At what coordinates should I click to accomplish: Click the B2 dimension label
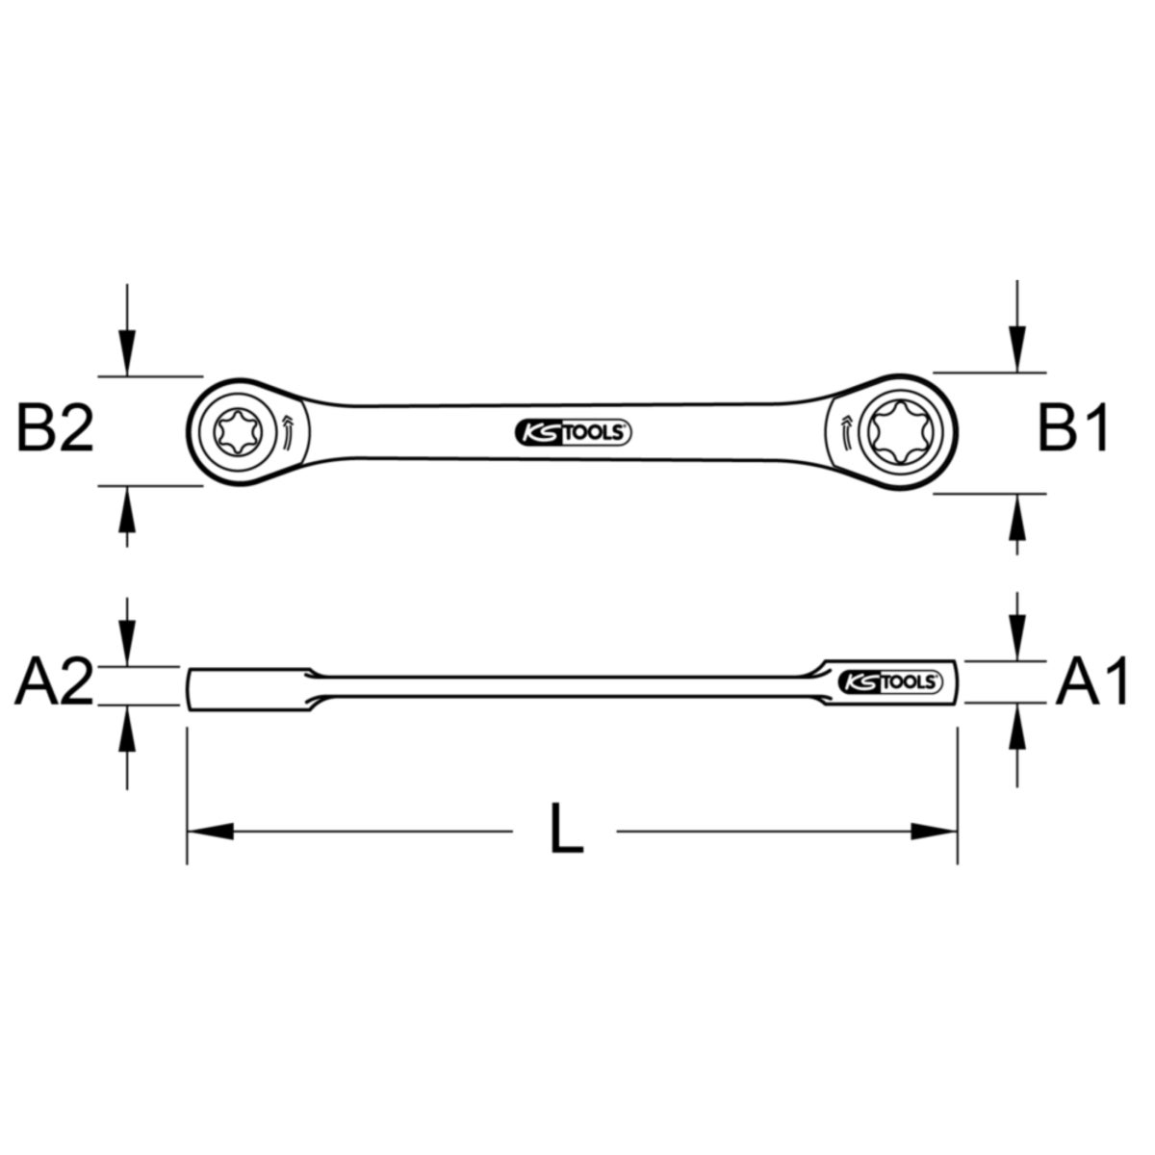pos(55,428)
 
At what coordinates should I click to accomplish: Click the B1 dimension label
pos(1073,428)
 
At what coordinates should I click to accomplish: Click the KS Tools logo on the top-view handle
pos(573,433)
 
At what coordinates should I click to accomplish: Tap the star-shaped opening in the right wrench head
pos(899,431)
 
